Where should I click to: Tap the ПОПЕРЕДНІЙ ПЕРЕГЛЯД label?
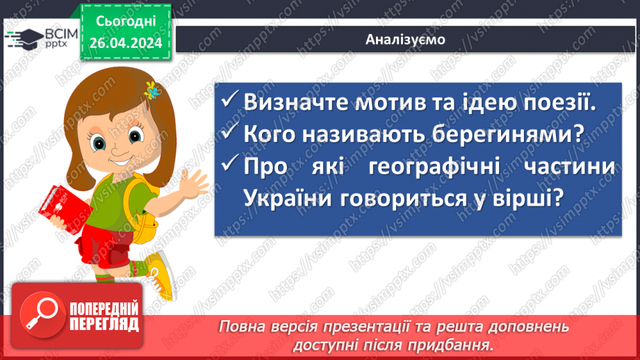click(104, 317)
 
